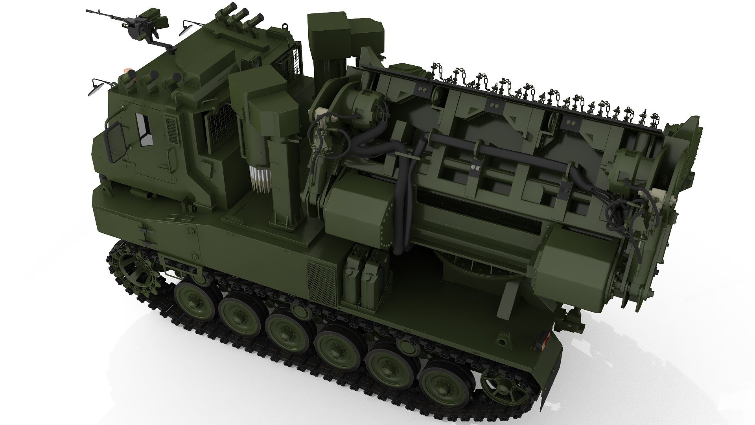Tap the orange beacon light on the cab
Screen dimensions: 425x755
(128, 71)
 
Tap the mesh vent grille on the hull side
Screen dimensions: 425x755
(321, 280)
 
